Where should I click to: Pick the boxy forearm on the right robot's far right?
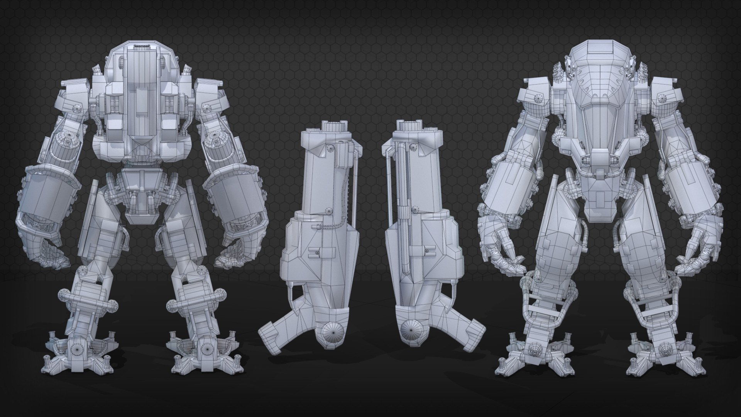coord(683,185)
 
